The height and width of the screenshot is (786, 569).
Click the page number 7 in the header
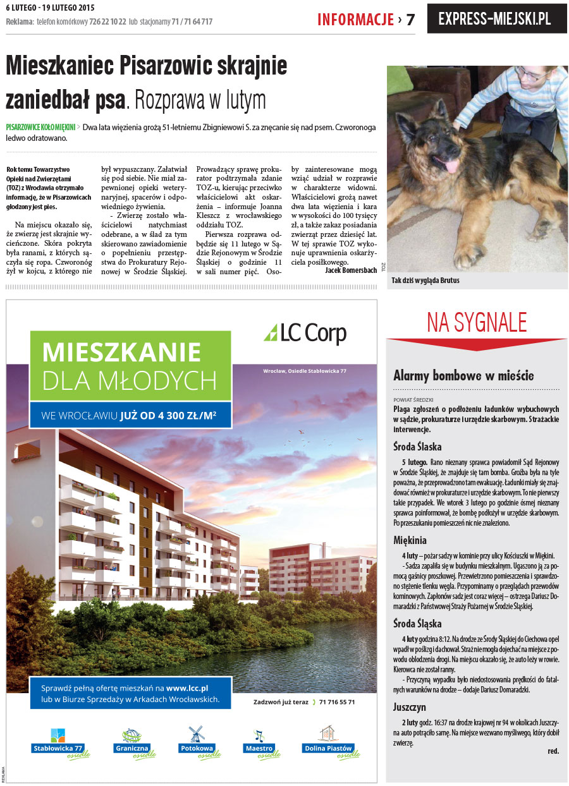(410, 20)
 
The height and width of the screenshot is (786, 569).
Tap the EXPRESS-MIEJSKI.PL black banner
(497, 19)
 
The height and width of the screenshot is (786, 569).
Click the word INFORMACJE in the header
(355, 20)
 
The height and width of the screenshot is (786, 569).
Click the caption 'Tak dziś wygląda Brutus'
(425, 280)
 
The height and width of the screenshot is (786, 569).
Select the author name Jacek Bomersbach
(350, 270)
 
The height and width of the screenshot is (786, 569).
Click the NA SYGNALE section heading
(477, 322)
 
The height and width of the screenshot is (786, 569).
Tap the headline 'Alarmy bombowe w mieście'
(463, 376)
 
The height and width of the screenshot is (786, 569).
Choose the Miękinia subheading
(410, 540)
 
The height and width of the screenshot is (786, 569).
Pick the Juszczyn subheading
(409, 707)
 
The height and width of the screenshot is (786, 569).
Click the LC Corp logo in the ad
(305, 332)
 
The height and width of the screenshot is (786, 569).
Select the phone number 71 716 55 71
(337, 702)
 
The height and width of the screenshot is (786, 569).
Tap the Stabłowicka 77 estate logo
(58, 743)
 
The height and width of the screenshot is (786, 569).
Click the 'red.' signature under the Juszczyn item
(553, 751)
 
